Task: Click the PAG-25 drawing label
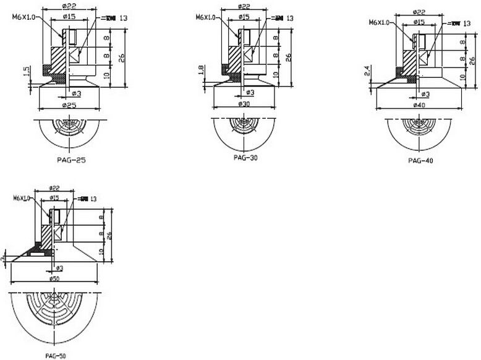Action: [x=70, y=160]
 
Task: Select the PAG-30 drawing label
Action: [x=245, y=157]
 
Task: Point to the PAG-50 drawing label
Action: [x=56, y=356]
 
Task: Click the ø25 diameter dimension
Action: [x=69, y=106]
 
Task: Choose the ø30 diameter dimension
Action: [x=245, y=105]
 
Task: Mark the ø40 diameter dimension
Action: [x=420, y=106]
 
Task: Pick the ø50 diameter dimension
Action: [x=56, y=280]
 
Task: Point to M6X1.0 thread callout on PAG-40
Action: [x=380, y=22]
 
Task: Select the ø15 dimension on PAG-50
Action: [x=54, y=198]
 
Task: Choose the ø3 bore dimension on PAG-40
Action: [x=425, y=94]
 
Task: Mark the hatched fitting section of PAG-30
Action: [x=236, y=59]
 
